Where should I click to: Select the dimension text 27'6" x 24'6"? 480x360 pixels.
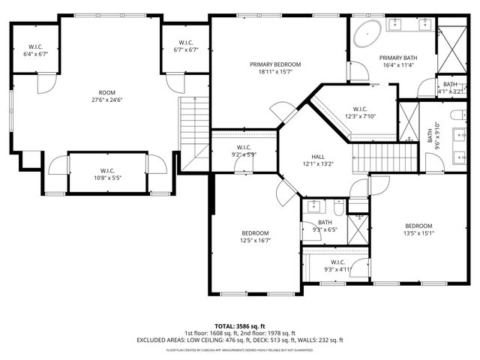click(x=106, y=99)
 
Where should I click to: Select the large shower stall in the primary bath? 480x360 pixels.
click(x=452, y=46)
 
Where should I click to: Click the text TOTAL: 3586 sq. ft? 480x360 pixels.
click(x=239, y=326)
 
